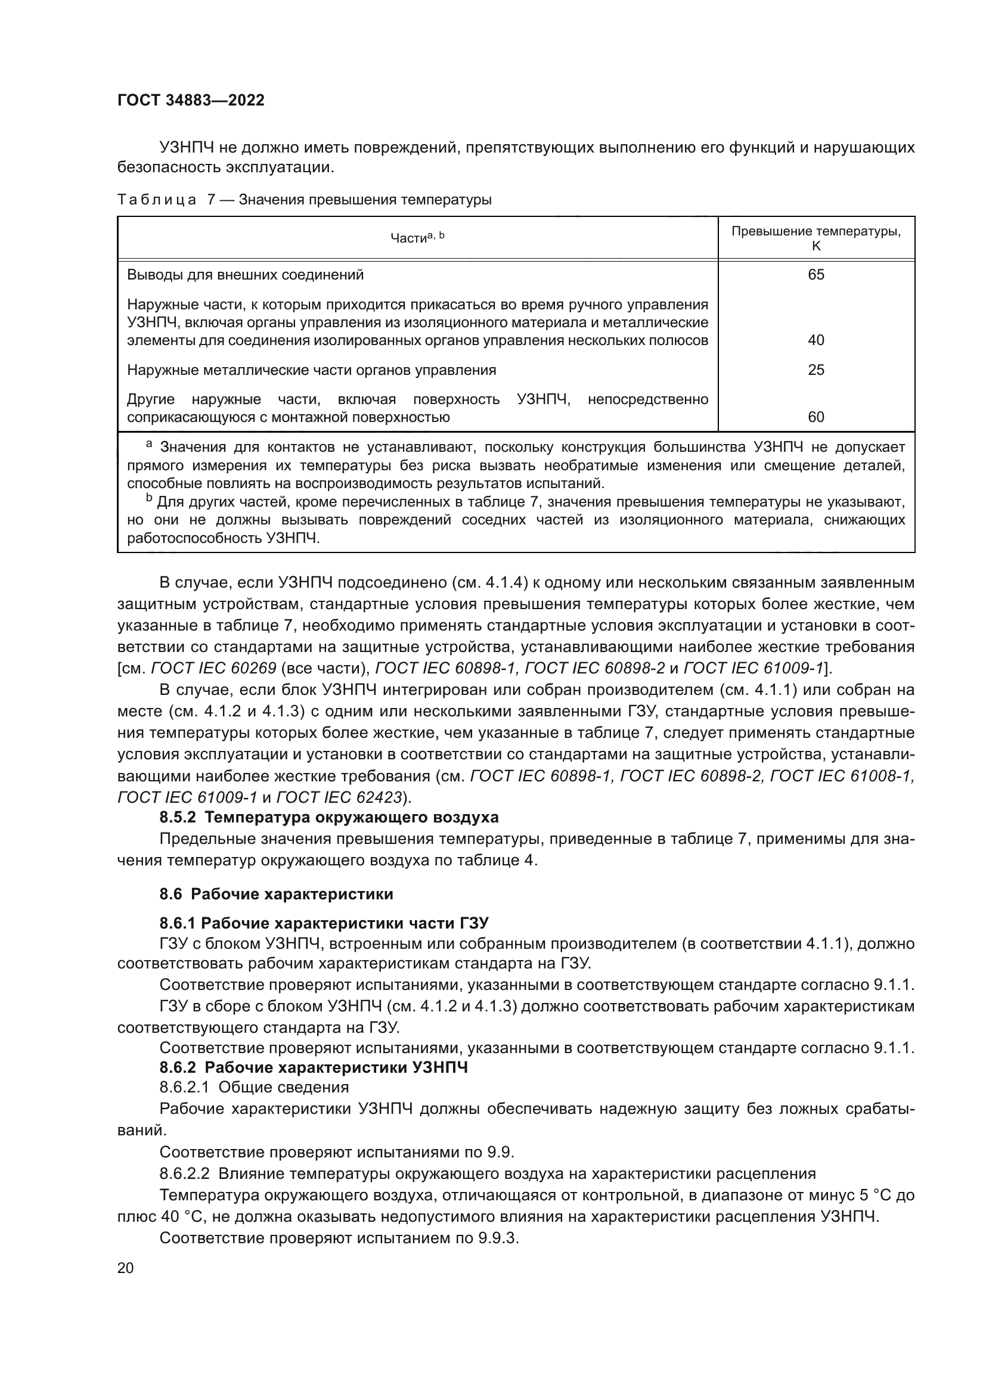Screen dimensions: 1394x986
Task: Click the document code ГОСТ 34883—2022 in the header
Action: (191, 101)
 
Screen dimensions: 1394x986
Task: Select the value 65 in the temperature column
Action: (816, 275)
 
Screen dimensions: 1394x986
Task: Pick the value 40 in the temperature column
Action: (816, 340)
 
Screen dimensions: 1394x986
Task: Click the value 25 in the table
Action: (816, 370)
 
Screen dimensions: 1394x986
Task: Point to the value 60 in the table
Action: (816, 417)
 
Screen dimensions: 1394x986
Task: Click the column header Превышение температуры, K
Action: (816, 238)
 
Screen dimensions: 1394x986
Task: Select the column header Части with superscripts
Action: (417, 238)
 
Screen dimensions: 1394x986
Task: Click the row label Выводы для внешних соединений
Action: (245, 275)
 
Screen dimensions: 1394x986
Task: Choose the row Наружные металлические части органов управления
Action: (311, 370)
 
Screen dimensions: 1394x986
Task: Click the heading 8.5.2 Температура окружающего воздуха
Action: (328, 817)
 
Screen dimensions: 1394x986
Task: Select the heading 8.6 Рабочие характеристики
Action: (276, 895)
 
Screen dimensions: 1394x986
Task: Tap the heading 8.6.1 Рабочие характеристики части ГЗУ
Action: (324, 923)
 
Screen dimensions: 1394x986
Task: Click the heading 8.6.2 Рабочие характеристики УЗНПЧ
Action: (314, 1068)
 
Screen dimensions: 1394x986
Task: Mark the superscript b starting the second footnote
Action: (149, 499)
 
